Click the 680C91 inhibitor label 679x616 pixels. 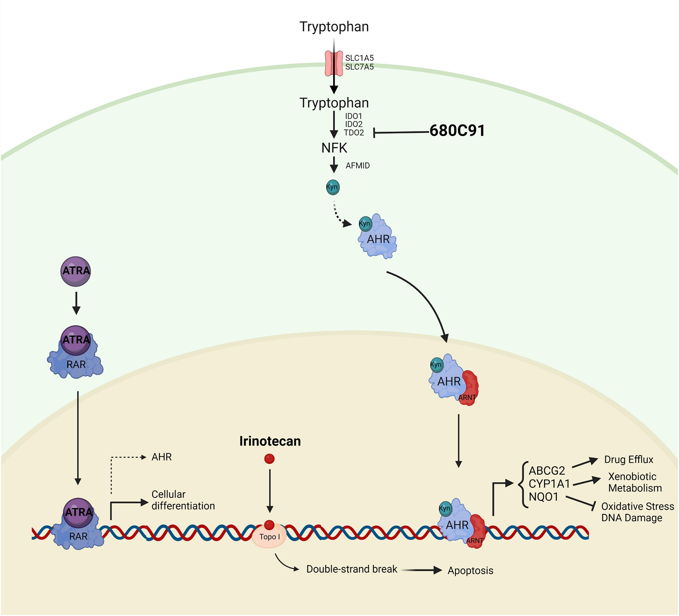457,131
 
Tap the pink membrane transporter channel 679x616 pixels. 334,64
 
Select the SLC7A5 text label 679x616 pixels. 359,67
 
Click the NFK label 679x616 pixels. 334,148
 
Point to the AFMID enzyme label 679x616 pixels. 358,166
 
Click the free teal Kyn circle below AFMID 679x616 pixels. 333,187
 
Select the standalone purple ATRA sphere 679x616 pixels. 76,271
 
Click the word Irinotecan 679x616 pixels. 270,441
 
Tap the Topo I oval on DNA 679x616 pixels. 269,537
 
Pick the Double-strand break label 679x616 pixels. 351,569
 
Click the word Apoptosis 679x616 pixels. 470,570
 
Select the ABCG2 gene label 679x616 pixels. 547,471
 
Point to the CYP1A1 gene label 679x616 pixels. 549,484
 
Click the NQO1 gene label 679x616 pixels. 543,497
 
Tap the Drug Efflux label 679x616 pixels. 628,460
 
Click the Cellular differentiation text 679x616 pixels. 183,500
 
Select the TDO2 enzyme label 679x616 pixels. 354,133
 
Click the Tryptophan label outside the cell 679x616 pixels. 334,27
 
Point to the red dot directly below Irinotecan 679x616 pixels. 269,459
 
